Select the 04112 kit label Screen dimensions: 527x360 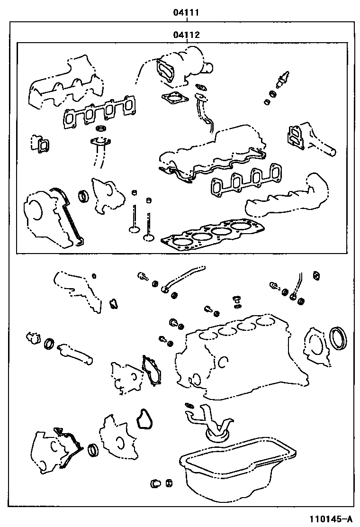186,35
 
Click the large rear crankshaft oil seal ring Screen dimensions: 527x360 339,337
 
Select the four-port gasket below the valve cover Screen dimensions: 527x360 244,180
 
